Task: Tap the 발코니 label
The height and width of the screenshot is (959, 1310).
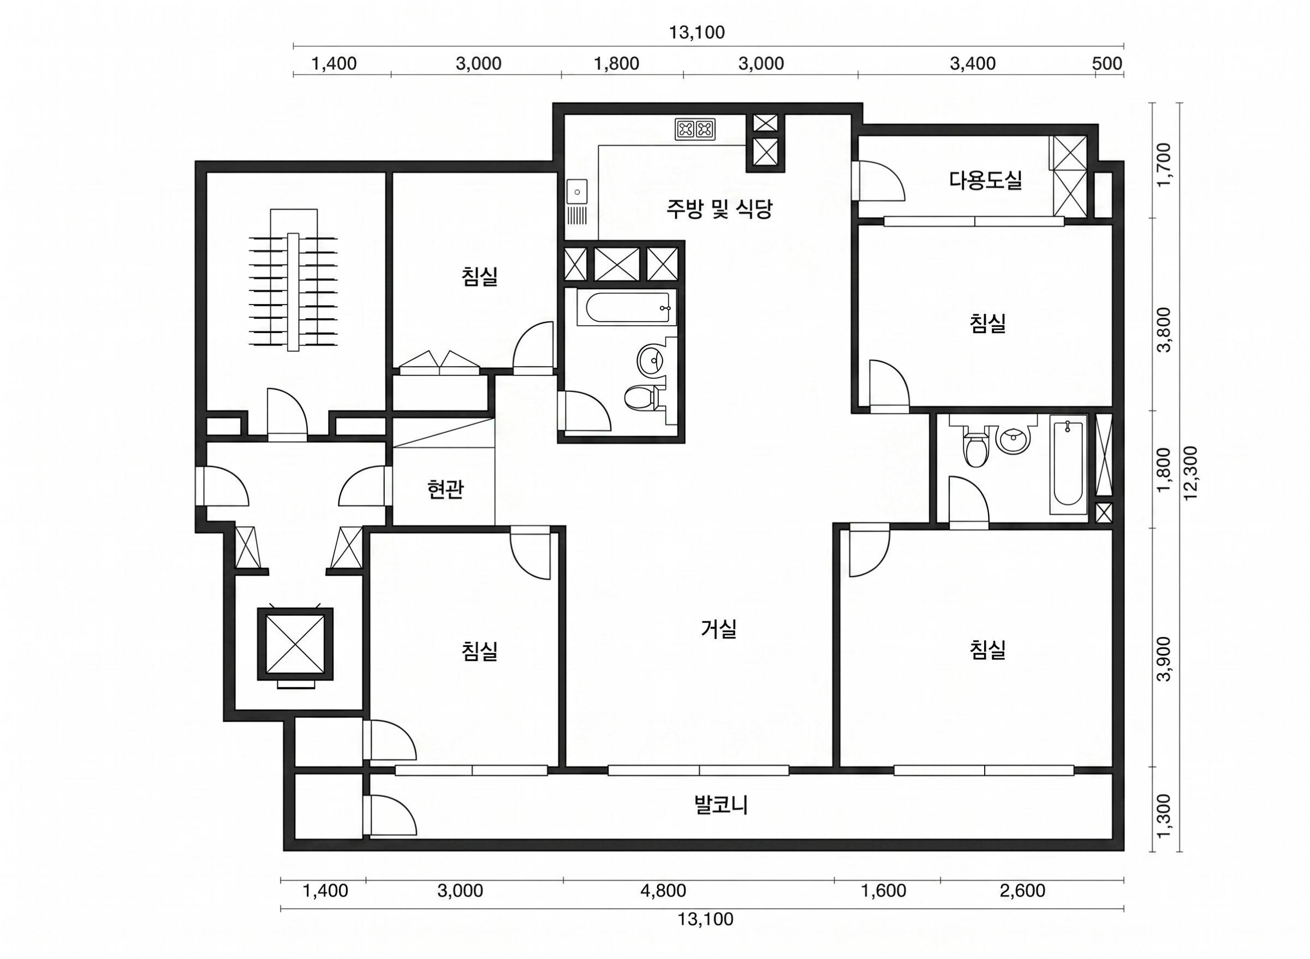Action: (721, 805)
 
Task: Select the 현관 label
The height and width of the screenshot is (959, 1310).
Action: (445, 490)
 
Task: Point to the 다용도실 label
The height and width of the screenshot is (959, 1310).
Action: (986, 180)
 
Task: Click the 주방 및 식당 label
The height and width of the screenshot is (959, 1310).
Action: (719, 209)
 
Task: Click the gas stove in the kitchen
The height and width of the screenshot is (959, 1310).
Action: (695, 129)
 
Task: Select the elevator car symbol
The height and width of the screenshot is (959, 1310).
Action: (295, 643)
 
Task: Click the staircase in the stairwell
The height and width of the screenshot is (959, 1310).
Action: (294, 281)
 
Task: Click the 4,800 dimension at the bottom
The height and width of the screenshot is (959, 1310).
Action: (663, 891)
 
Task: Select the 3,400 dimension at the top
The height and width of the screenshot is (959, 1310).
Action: (973, 63)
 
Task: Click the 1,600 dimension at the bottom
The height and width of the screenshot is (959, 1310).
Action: (884, 891)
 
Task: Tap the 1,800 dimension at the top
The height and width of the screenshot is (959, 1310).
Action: (616, 63)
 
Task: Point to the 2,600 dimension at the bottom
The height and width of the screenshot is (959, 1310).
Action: (1023, 891)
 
